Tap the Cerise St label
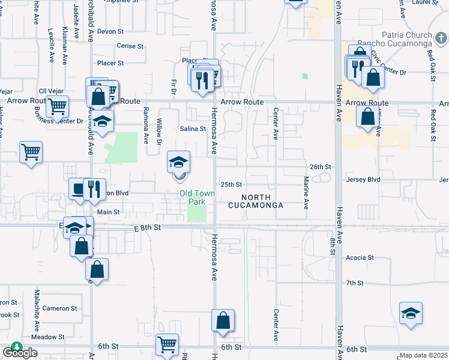pyautogui.click(x=130, y=46)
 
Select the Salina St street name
pyautogui.click(x=193, y=128)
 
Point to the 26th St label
pyautogui.click(x=321, y=166)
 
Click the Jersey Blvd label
pyautogui.click(x=364, y=179)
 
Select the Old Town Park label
pyautogui.click(x=196, y=197)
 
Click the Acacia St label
pyautogui.click(x=360, y=257)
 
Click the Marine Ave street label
pyautogui.click(x=306, y=193)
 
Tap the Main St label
pyautogui.click(x=109, y=212)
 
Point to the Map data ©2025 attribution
pyautogui.click(x=423, y=356)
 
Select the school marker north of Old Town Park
pyautogui.click(x=179, y=163)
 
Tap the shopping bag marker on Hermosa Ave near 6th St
pyautogui.click(x=223, y=321)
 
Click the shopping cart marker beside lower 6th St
pyautogui.click(x=167, y=345)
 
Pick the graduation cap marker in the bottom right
pyautogui.click(x=411, y=314)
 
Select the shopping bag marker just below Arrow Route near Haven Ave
pyautogui.click(x=367, y=116)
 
